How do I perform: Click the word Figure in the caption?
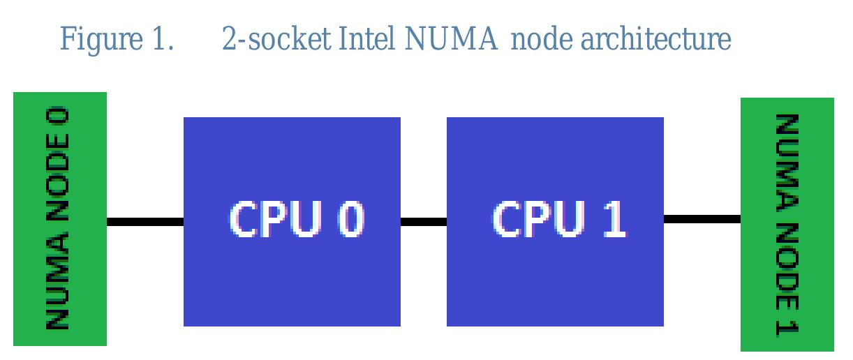pos(100,40)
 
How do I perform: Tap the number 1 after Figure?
pos(159,40)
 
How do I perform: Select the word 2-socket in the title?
pos(276,40)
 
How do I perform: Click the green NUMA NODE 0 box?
pos(60,218)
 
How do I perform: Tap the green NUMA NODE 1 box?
pos(787,224)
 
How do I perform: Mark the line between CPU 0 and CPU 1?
pos(423,222)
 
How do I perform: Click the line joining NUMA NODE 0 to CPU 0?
pos(144,222)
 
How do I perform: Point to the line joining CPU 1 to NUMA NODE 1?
pos(702,219)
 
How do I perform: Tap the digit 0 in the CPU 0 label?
pos(351,218)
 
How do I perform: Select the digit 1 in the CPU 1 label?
pos(615,218)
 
